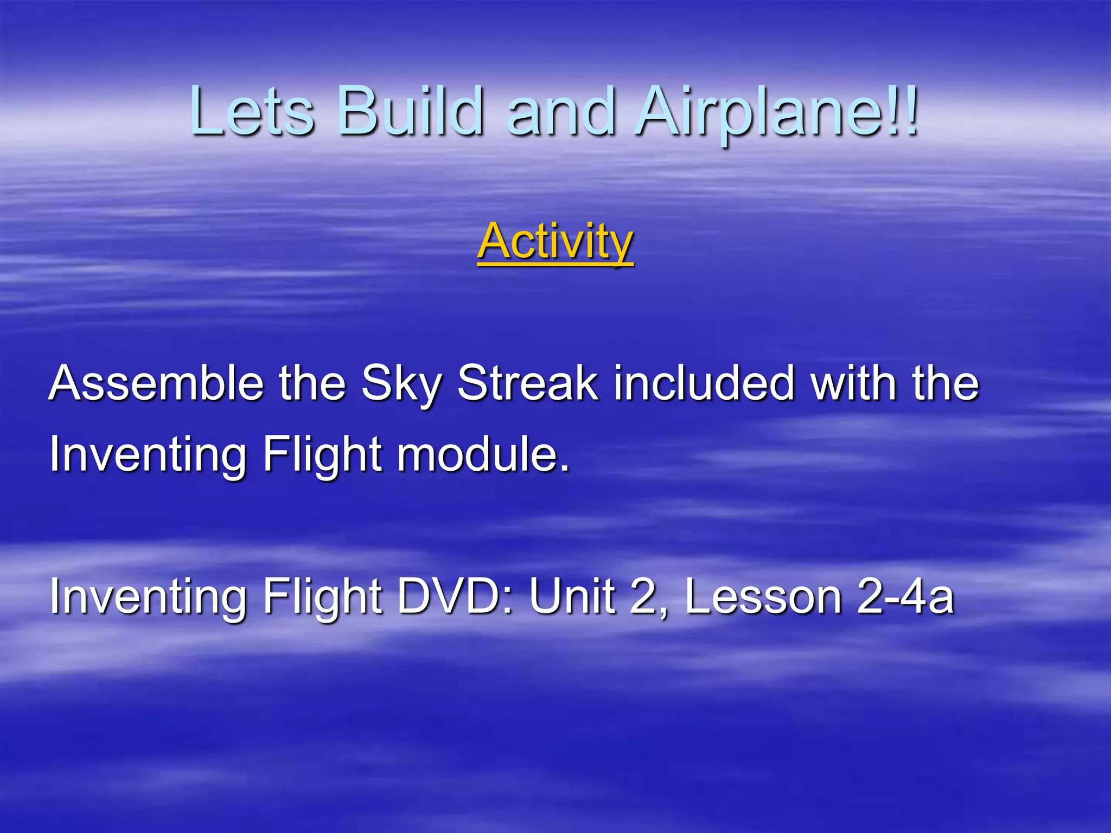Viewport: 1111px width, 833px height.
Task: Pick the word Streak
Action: pos(527,383)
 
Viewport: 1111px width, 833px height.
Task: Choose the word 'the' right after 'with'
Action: pos(946,383)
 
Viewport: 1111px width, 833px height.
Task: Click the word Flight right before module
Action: pos(323,456)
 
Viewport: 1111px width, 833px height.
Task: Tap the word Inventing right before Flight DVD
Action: pos(148,597)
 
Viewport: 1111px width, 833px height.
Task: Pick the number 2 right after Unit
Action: pos(646,597)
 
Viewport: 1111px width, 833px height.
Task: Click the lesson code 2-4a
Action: pos(905,597)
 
